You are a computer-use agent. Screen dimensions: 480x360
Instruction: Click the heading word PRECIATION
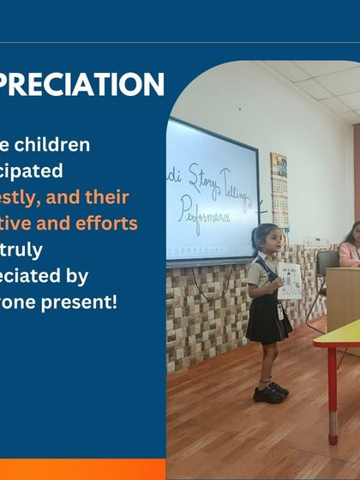[82, 85]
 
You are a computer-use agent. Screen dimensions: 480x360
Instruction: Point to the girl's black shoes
[270, 393]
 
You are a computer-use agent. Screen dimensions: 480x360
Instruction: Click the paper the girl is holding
[290, 280]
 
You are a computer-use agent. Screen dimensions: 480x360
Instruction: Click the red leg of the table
[333, 394]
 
